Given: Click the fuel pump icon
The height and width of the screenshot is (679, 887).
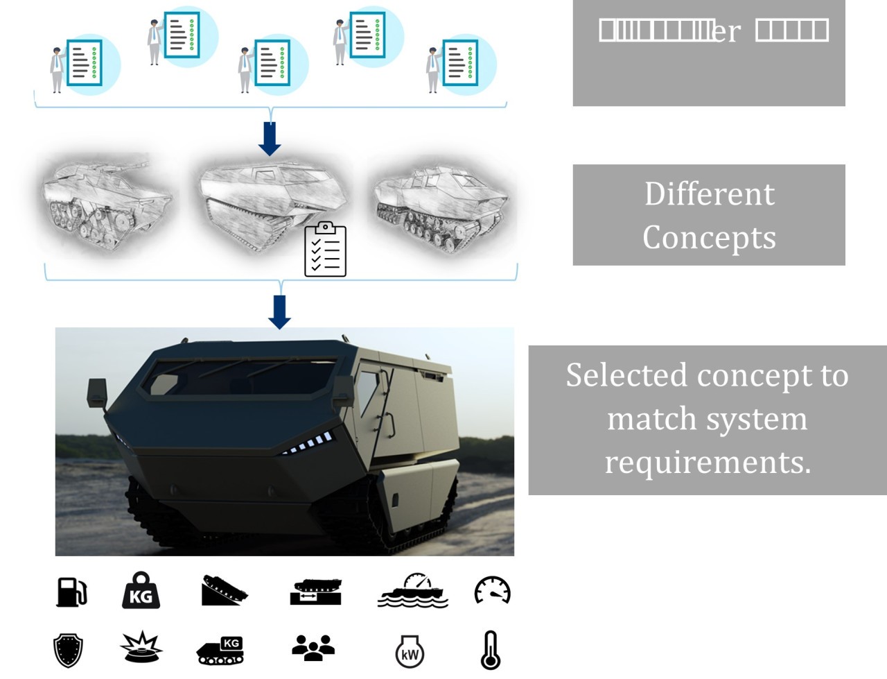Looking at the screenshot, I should point(71,592).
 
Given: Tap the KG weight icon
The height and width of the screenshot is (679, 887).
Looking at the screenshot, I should point(141,591).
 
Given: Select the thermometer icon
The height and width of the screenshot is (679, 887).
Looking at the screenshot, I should point(491,650).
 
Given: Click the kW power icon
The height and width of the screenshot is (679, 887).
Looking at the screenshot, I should point(410,651).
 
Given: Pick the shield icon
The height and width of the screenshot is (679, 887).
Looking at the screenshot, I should point(68,651).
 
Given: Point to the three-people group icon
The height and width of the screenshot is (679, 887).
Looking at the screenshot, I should point(313,647).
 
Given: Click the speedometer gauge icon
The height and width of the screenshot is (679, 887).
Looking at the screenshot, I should point(492,591).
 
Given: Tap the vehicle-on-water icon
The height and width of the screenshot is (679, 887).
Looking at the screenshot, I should point(413,591).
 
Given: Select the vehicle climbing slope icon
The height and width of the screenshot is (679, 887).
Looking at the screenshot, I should point(224,591).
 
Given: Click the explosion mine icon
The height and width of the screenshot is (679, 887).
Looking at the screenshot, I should point(141,647).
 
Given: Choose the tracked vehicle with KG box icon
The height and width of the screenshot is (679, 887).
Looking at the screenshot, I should point(220,651).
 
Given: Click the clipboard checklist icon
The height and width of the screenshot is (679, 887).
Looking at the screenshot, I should point(326,250).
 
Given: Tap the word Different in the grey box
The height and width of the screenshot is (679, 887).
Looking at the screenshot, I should point(709,194).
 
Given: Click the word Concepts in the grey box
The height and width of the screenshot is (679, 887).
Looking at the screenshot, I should point(709,237).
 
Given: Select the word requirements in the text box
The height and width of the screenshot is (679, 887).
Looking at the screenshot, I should point(708,462).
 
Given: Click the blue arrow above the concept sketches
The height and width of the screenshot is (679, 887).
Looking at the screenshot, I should point(270,139).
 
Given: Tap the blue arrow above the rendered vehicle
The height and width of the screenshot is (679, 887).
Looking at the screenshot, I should point(279,311).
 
